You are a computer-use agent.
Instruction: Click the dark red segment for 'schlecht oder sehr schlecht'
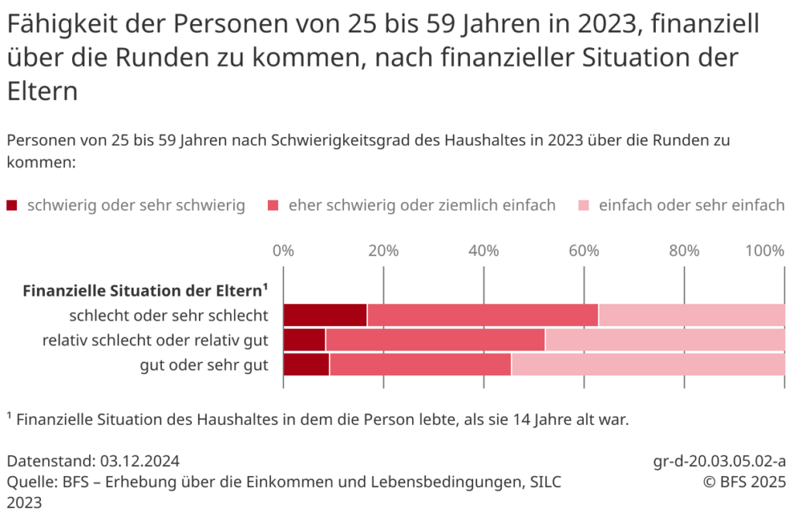pos(325,315)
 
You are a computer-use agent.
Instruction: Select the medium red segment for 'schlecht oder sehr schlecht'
pos(482,315)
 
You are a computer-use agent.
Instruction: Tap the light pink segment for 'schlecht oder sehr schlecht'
pos(692,315)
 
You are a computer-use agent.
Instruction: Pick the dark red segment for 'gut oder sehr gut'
pos(307,364)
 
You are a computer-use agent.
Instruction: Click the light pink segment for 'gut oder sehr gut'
pos(647,364)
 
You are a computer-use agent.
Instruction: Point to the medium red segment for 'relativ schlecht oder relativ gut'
pos(435,340)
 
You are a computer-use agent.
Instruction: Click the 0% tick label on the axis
pos(283,251)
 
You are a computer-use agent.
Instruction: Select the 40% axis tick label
pos(484,251)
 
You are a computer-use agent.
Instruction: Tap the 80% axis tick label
pos(684,251)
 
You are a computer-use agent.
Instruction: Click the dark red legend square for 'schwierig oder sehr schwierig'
pos(12,206)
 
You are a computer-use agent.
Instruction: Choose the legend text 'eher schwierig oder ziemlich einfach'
pos(422,205)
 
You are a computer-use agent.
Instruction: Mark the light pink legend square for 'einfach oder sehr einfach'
pos(585,206)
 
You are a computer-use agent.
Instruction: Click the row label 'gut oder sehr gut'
pos(204,365)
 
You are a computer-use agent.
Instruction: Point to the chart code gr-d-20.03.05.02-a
pos(719,461)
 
